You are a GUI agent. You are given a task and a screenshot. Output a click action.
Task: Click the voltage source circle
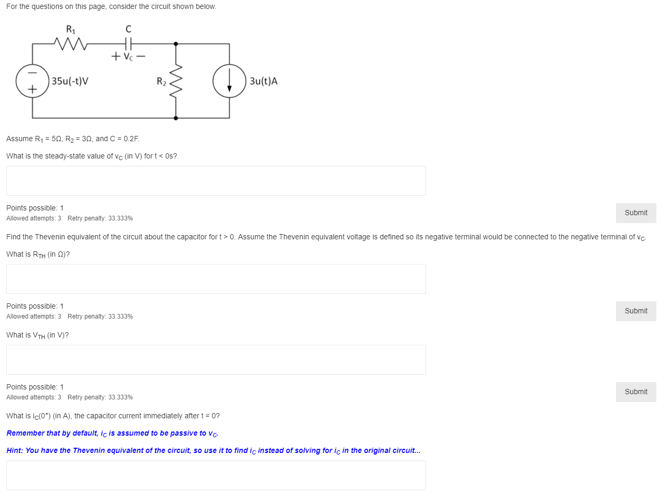tap(33, 81)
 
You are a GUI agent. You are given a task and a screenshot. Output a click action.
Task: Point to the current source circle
tap(229, 81)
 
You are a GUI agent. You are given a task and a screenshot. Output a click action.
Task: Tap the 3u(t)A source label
tap(264, 81)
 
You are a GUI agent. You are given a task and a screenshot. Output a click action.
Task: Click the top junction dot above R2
tap(176, 44)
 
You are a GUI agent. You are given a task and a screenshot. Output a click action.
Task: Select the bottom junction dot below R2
tap(176, 118)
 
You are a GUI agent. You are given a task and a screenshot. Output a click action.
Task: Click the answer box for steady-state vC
tap(216, 181)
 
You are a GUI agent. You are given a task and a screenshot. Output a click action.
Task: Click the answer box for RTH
tap(216, 279)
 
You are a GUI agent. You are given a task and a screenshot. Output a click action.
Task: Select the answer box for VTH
tap(216, 360)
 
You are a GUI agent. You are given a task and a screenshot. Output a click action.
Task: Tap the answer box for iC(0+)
tap(216, 475)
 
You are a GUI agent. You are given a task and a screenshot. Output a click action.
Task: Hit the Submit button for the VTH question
tap(636, 392)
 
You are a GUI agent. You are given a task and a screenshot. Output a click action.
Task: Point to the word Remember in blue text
tap(25, 433)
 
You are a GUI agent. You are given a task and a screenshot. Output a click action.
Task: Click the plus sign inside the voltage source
tap(33, 90)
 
